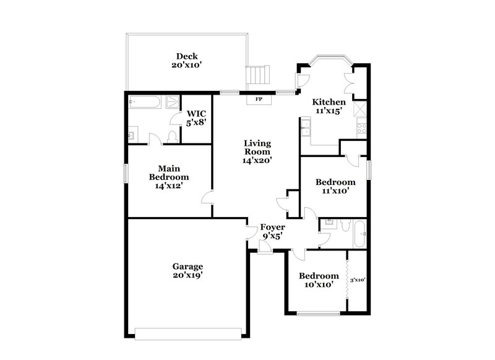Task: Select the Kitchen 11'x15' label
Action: point(329,106)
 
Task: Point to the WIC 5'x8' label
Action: point(196,118)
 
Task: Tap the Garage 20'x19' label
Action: point(188,271)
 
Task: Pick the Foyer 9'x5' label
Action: point(273,231)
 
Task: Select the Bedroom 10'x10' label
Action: point(319,280)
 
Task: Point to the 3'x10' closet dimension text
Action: point(358,280)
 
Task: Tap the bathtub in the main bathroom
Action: point(146,102)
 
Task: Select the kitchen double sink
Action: point(305,128)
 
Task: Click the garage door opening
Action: point(188,334)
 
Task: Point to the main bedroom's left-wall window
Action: point(125,173)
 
